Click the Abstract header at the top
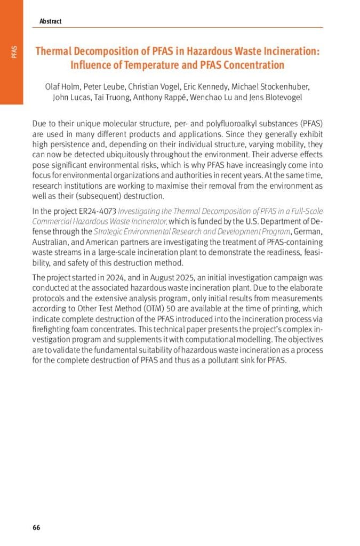[50, 21]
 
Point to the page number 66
[36, 528]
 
